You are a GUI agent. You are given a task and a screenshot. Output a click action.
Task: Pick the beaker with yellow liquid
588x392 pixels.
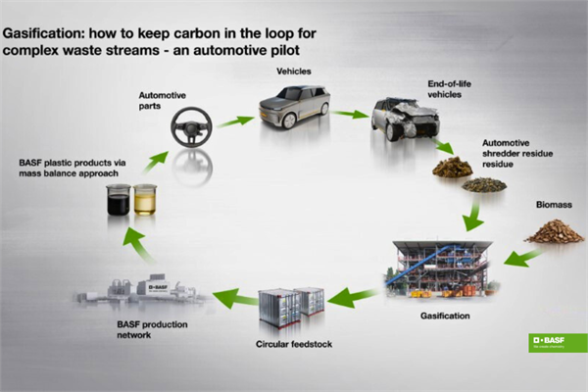point(145,200)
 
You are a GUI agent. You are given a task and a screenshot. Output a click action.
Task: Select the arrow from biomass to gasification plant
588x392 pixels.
point(521,257)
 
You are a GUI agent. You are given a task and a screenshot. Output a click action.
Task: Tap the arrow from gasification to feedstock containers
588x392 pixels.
point(355,295)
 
